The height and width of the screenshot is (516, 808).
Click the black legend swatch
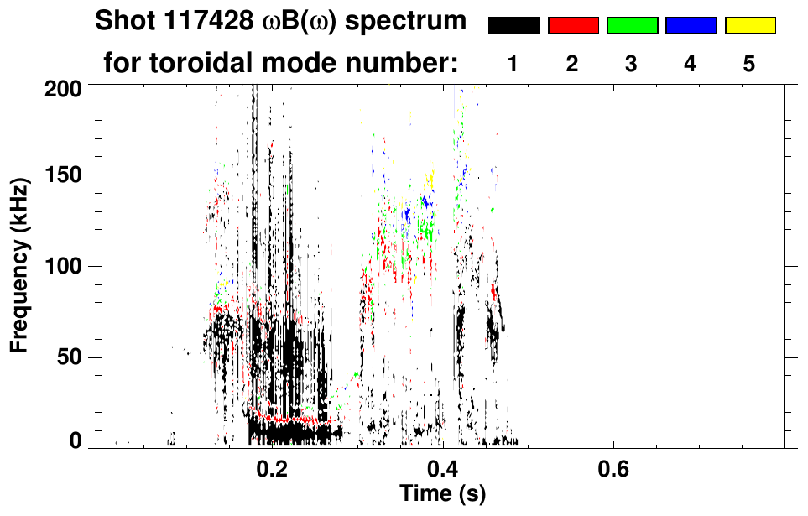pos(514,26)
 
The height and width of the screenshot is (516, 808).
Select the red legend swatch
pos(573,26)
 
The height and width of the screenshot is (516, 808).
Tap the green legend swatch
pos(632,26)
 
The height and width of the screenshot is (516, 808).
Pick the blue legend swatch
pos(691,26)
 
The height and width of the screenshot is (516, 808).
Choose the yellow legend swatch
pos(749,26)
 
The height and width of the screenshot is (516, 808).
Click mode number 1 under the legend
pos(512,65)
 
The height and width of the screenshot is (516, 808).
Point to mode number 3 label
pos(631,65)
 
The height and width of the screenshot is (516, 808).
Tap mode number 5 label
pos(749,65)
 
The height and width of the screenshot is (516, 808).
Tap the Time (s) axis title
pos(441,493)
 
